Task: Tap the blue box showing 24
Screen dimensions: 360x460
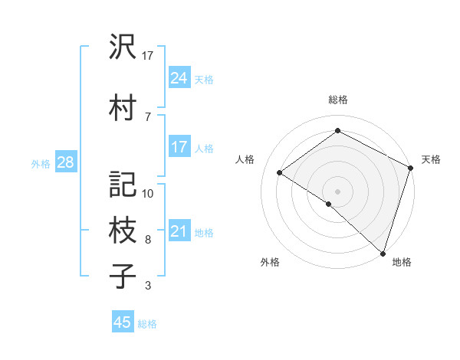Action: pos(179,78)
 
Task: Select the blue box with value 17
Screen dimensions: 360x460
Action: pos(179,147)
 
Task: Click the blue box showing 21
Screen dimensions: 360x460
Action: pos(179,231)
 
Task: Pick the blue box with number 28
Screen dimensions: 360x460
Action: pos(64,163)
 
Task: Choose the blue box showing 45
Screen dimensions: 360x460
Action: pos(123,322)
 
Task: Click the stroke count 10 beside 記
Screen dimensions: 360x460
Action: pos(148,194)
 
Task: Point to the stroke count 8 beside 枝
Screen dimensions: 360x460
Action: pos(148,240)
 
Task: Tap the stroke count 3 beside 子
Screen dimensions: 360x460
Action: pos(148,286)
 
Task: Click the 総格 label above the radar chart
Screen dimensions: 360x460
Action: pos(337,100)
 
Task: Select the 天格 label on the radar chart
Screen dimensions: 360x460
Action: pos(431,159)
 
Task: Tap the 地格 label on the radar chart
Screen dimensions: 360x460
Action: pos(402,262)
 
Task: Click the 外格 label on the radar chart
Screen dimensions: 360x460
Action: pos(270,262)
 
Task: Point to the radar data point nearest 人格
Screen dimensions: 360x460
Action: pos(280,173)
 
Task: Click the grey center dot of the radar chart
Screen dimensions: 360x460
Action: pos(337,191)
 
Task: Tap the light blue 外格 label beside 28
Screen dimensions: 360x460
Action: pos(40,164)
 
